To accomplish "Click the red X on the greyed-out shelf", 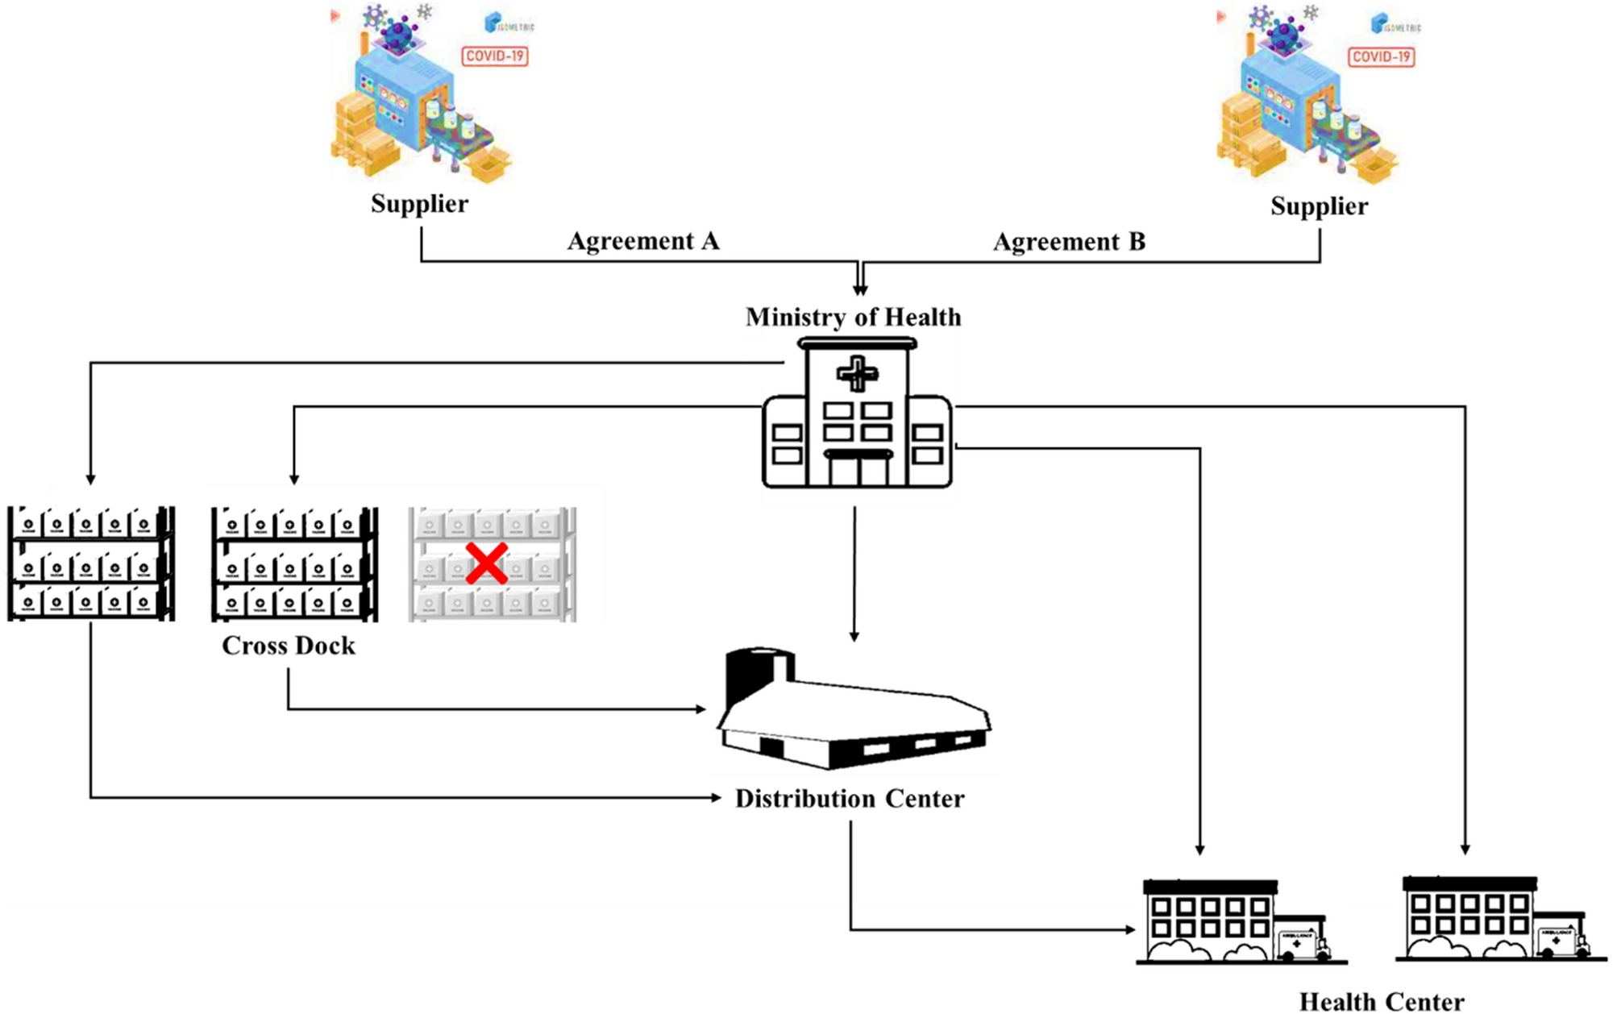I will [486, 563].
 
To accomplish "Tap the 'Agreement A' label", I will [642, 241].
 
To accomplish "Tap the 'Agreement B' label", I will [1068, 242].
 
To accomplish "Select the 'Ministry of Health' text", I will [853, 317].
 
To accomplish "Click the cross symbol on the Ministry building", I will [857, 374].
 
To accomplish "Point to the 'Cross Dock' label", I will [289, 646].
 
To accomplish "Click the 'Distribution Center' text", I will [850, 799].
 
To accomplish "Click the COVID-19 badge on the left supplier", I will [495, 56].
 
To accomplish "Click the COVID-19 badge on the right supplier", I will [1381, 56].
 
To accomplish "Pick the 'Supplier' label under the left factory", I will [419, 204].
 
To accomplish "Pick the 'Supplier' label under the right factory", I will [1319, 206].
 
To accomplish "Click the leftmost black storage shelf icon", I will [90, 563].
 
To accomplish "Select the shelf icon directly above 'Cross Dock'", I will [294, 563].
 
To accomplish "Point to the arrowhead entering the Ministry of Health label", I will [860, 290].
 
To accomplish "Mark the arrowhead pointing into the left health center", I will [1130, 929].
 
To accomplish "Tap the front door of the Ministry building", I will [858, 470].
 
